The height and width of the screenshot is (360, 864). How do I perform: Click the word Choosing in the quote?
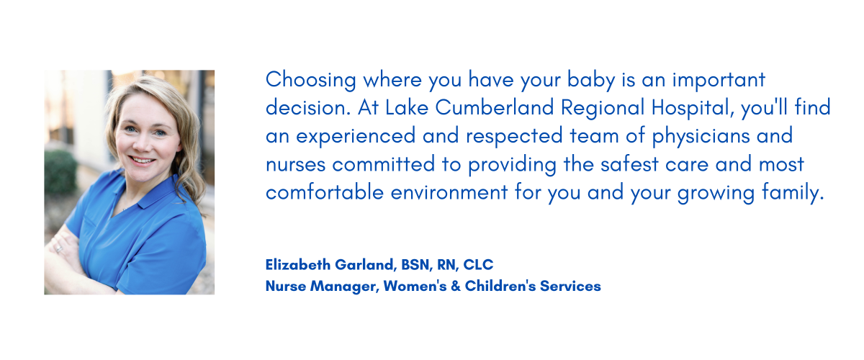pyautogui.click(x=310, y=80)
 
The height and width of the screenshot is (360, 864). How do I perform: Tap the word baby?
pyautogui.click(x=591, y=80)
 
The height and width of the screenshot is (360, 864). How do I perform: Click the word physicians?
pyautogui.click(x=701, y=136)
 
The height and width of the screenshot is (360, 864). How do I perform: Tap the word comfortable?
pyautogui.click(x=325, y=192)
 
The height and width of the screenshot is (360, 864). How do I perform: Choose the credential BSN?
pyautogui.click(x=417, y=265)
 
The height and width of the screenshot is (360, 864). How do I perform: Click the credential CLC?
pyautogui.click(x=478, y=265)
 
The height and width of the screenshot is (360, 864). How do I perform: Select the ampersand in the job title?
pyautogui.click(x=456, y=287)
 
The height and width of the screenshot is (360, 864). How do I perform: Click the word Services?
pyautogui.click(x=570, y=287)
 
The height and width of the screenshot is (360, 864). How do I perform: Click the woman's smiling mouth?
pyautogui.click(x=142, y=160)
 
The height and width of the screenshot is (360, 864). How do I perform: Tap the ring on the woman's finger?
pyautogui.click(x=59, y=249)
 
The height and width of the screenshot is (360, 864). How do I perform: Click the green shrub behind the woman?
pyautogui.click(x=60, y=171)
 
